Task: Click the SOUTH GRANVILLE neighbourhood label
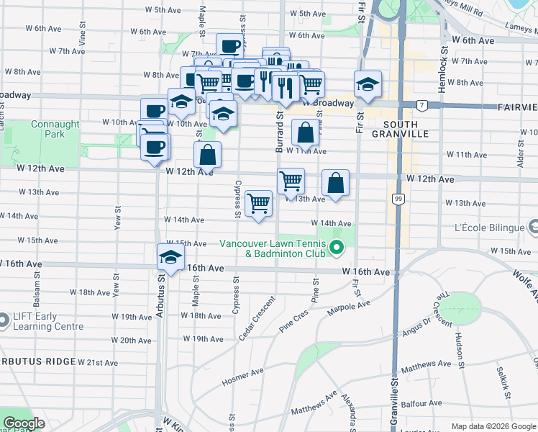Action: click(401, 128)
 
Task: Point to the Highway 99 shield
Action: click(397, 198)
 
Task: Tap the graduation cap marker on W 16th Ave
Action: click(170, 257)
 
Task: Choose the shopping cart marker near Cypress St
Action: click(258, 203)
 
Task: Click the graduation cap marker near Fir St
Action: click(367, 84)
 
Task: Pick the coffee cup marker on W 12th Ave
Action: click(155, 148)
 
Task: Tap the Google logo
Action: click(24, 423)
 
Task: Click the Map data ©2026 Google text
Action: click(492, 426)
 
